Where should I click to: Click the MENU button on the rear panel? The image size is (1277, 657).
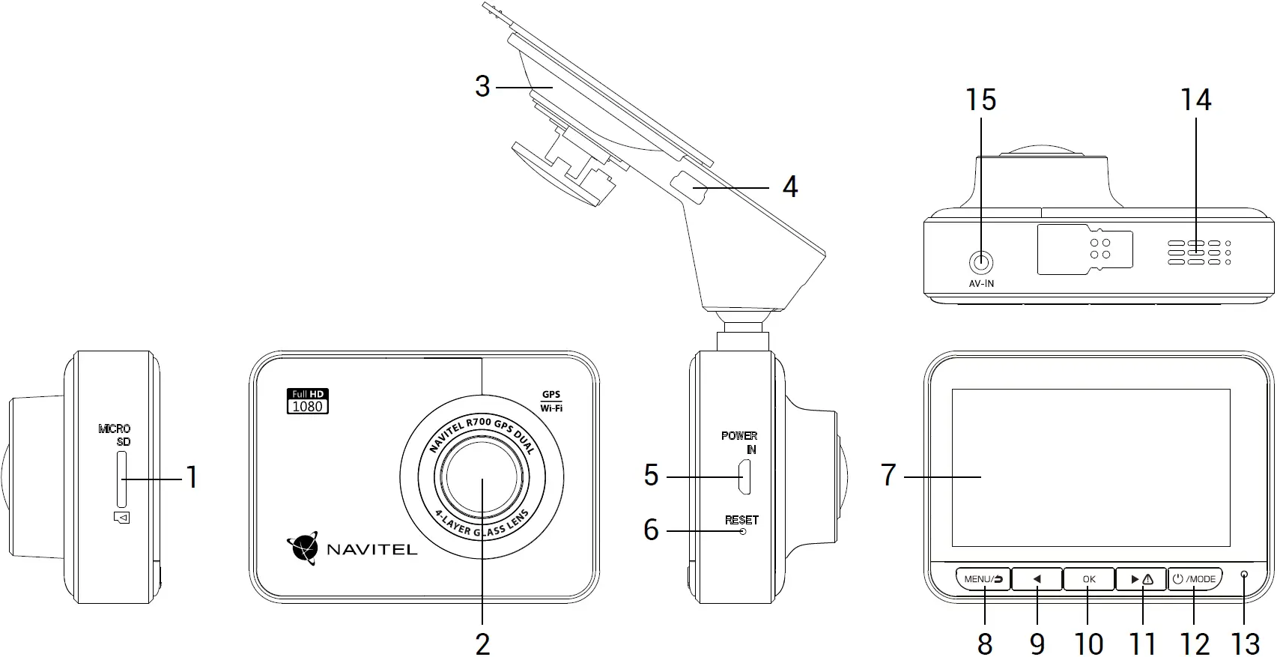pyautogui.click(x=983, y=579)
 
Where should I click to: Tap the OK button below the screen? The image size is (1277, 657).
pyautogui.click(x=1089, y=579)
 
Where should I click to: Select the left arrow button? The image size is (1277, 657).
pyautogui.click(x=1037, y=579)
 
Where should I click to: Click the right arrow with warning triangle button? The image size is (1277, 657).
pyautogui.click(x=1141, y=579)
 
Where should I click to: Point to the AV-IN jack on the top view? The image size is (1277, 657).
pyautogui.click(x=981, y=263)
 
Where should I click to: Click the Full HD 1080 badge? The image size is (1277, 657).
pyautogui.click(x=308, y=402)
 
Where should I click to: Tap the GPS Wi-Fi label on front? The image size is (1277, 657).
pyautogui.click(x=551, y=402)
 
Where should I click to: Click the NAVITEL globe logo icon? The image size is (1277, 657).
pyautogui.click(x=303, y=548)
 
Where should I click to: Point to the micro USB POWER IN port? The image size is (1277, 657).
pyautogui.click(x=744, y=478)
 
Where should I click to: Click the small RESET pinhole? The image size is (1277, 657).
pyautogui.click(x=743, y=531)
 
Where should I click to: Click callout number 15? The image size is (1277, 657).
pyautogui.click(x=980, y=100)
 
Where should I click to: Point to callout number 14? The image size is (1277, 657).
pyautogui.click(x=1195, y=100)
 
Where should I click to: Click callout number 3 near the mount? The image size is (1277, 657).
pyautogui.click(x=482, y=87)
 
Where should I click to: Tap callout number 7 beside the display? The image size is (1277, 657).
pyautogui.click(x=888, y=475)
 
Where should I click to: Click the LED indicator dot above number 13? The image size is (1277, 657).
pyautogui.click(x=1245, y=575)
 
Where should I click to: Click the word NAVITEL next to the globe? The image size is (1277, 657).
pyautogui.click(x=371, y=550)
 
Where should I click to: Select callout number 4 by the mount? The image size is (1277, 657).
pyautogui.click(x=789, y=187)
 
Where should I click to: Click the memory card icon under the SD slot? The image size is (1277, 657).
pyautogui.click(x=122, y=517)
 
